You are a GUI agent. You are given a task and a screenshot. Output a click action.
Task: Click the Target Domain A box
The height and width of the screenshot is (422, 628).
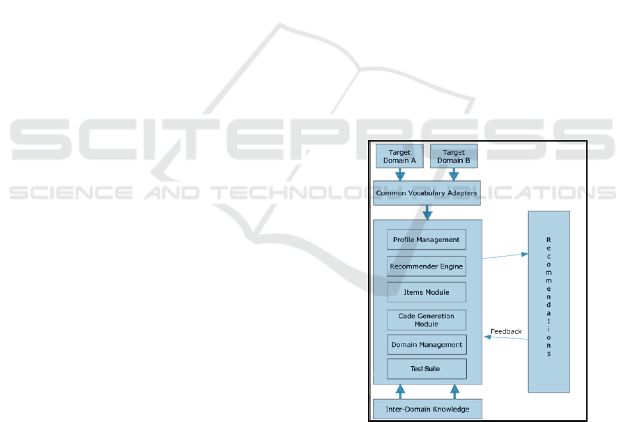pos(399,156)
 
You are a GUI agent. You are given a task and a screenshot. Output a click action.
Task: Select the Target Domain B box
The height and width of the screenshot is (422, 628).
pos(453,156)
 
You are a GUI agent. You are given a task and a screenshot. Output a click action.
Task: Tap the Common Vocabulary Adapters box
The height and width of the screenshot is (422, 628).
pos(427,193)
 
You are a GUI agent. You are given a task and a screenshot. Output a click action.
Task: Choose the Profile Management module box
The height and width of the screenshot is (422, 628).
pos(427,240)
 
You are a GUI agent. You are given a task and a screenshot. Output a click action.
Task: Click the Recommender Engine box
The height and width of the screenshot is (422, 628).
pos(427,266)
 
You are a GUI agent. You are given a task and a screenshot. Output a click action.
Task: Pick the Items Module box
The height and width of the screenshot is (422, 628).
pos(427,292)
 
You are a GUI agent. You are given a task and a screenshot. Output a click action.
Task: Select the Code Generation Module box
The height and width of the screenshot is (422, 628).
pos(427,319)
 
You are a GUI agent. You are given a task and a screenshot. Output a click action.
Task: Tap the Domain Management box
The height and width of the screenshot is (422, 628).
pos(427,345)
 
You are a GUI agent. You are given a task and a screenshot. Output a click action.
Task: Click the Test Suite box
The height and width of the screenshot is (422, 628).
pos(427,369)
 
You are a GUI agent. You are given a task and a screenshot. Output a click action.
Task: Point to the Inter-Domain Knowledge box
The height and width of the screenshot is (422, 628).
pos(427,409)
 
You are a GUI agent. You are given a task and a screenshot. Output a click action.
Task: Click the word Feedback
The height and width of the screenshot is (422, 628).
pos(506,331)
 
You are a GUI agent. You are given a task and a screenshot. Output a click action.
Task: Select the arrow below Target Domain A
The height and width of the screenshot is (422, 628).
pos(400,174)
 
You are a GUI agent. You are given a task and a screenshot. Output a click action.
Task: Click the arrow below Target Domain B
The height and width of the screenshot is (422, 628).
pos(454,174)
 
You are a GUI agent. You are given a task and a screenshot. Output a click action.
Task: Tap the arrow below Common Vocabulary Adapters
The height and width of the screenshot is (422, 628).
pos(427,213)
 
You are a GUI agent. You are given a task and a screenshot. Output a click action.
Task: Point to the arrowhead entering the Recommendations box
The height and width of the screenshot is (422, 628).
pos(525,254)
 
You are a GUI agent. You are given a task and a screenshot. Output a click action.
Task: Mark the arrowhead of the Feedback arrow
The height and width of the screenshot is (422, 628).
pos(487,337)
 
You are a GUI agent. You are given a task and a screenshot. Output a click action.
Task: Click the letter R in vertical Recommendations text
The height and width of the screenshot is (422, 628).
pos(549,240)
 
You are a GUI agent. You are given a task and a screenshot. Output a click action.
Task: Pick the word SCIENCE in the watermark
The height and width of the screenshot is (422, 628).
pos(71,193)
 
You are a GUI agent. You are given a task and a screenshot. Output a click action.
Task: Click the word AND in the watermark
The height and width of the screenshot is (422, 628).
pos(172,193)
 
